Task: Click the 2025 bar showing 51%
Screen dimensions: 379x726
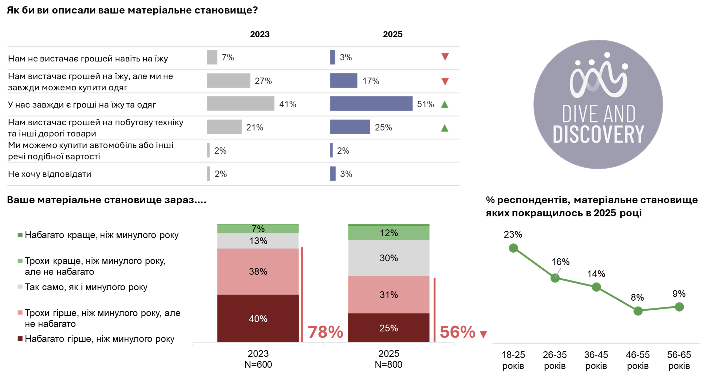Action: [x=371, y=104]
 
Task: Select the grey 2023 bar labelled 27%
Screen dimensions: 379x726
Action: [x=228, y=81]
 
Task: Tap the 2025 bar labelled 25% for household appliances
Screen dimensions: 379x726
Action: [x=350, y=127]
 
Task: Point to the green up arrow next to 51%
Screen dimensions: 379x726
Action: [x=444, y=104]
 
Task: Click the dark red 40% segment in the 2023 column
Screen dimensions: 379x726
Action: [x=258, y=319]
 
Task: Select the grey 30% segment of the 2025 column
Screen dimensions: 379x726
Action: [x=388, y=258]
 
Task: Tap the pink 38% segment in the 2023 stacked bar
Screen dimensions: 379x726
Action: [x=258, y=271]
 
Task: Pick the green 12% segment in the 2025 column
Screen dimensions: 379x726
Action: [x=388, y=233]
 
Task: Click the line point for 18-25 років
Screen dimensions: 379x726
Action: [x=513, y=248]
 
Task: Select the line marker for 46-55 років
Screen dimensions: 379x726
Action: [x=638, y=311]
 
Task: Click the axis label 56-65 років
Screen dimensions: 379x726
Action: [x=679, y=360]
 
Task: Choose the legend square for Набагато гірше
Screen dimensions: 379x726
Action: [x=20, y=338]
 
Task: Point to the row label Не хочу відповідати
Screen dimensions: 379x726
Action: [x=50, y=174]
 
